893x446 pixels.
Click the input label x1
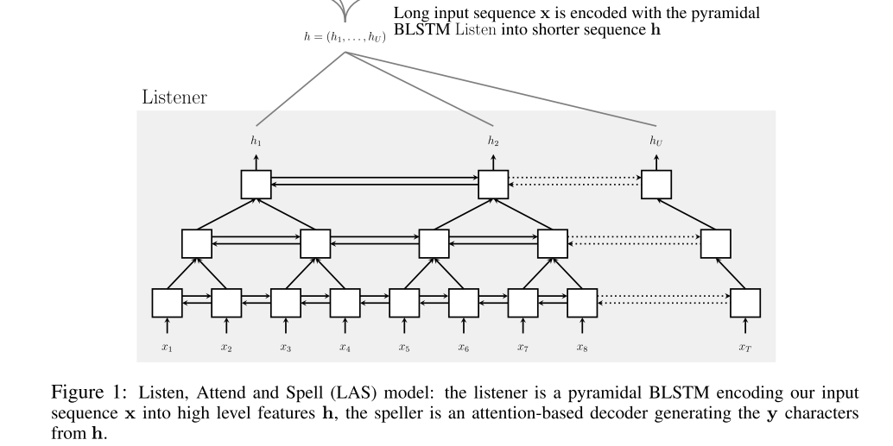[x=167, y=348]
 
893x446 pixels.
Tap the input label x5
[x=403, y=348]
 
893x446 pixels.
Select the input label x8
[x=581, y=348]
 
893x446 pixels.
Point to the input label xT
[x=744, y=348]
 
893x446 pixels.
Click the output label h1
[x=256, y=141]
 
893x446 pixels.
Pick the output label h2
[x=493, y=141]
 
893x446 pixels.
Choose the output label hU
[x=656, y=141]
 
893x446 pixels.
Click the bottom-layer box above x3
[x=285, y=303]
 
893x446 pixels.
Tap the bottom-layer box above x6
[x=463, y=303]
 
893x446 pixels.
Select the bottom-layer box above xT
[x=744, y=303]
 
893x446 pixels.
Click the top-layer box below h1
[x=256, y=185]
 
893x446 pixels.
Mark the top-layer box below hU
[x=656, y=185]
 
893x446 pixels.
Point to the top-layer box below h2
[x=493, y=185]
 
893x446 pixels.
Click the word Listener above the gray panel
[x=174, y=97]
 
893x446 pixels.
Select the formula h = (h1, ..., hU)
[x=344, y=39]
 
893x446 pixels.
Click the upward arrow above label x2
[x=226, y=326]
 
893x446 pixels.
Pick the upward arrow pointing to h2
[x=493, y=161]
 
